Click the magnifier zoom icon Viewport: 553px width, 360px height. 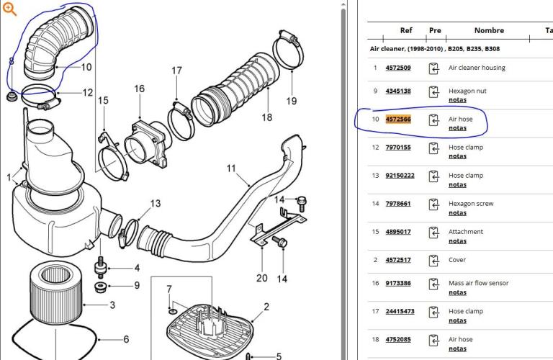click(x=9, y=9)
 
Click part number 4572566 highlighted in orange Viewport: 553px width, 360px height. click(x=398, y=120)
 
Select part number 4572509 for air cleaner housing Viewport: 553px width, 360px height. click(x=398, y=68)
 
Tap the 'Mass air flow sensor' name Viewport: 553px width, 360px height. click(x=478, y=283)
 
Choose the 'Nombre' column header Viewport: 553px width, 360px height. click(x=489, y=30)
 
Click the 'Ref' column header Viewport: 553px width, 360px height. click(x=406, y=30)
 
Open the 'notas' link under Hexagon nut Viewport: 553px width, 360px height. click(x=457, y=100)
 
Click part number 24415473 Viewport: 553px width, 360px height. click(x=400, y=311)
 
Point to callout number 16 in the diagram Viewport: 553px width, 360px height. click(x=139, y=89)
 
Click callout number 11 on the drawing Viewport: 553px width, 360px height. click(x=231, y=168)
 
